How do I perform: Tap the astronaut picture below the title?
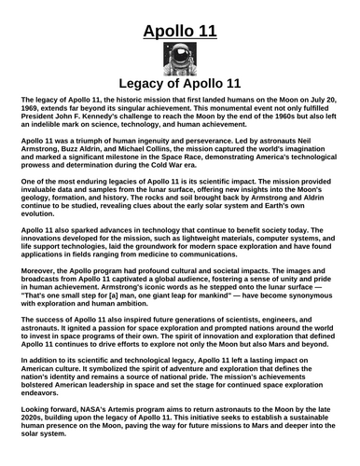[179, 63]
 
